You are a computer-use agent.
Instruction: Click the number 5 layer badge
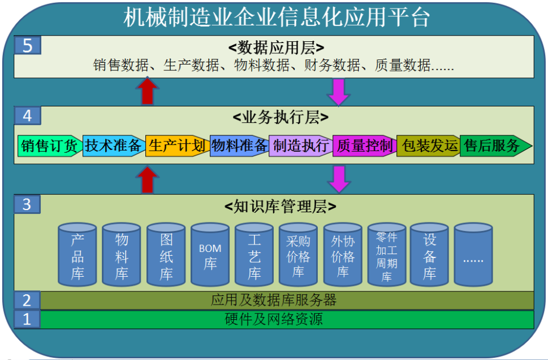tap(27, 45)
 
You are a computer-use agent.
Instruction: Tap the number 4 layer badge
tap(27, 116)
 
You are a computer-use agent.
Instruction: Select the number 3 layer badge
tap(27, 204)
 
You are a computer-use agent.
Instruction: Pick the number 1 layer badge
tap(27, 319)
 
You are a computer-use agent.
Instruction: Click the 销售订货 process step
tap(49, 146)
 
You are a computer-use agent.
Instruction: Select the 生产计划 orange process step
tap(176, 146)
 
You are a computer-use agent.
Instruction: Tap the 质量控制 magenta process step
tap(364, 146)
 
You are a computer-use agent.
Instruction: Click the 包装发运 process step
tap(428, 146)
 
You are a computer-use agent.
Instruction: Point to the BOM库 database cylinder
tap(210, 256)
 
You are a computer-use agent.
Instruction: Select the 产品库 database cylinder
tap(77, 256)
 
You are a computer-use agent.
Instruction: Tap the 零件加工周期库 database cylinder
tap(386, 256)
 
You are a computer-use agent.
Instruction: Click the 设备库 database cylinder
tap(430, 256)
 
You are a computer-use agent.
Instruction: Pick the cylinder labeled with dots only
tap(473, 256)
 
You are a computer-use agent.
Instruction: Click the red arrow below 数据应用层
tap(148, 91)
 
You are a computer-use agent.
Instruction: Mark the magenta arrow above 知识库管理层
tap(339, 179)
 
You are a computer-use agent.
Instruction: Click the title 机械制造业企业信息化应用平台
tap(277, 18)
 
